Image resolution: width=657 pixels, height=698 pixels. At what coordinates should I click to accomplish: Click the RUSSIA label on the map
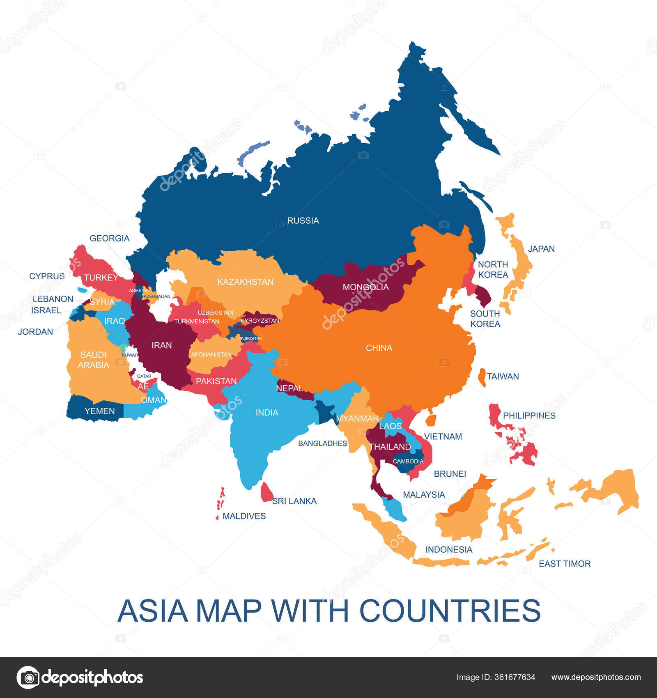pos(303,220)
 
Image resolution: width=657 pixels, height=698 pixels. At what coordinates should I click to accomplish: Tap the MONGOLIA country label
pos(365,287)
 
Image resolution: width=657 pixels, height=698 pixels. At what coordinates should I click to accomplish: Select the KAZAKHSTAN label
pos(245,282)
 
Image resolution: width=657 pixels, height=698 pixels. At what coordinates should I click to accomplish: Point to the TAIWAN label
pos(503,376)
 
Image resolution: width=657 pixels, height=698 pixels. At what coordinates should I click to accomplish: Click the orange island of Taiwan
pos(482,377)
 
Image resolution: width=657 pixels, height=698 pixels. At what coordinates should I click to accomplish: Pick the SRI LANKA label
pos(294,501)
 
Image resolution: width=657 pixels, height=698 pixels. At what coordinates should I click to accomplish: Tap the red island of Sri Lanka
pos(266,492)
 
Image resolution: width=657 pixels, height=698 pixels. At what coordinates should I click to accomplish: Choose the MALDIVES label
pos(244,516)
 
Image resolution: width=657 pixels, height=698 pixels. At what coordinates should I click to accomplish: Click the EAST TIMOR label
pos(565,564)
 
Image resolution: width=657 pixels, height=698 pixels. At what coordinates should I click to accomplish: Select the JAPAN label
pos(541,249)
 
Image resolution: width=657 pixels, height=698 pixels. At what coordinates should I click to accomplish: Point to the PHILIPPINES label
pos(529,416)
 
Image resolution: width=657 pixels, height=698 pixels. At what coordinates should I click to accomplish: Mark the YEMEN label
pos(99,411)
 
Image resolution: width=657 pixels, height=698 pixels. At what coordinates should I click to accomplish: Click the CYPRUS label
pos(47,276)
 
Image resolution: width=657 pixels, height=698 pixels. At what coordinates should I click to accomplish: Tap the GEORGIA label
pos(110,238)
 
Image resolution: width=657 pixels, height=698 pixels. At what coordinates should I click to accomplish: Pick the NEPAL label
pos(289,388)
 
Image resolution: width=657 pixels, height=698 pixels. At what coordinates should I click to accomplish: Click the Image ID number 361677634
pos(515,677)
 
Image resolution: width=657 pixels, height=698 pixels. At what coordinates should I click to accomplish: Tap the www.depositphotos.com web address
pos(596,677)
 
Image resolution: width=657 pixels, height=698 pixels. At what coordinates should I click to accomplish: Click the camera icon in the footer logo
pos(28,677)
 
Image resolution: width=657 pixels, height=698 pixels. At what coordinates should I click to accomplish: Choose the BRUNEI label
pos(450,474)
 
